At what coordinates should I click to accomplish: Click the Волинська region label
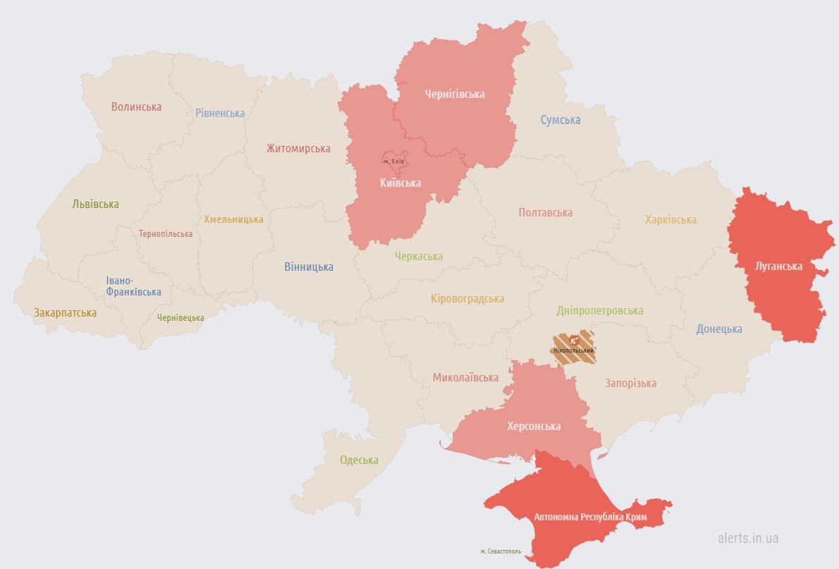(136, 107)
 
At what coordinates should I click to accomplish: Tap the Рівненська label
(220, 113)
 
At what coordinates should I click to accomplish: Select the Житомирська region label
(298, 148)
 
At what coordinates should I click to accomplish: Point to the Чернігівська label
(455, 94)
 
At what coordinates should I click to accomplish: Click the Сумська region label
(561, 120)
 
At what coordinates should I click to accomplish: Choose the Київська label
(400, 183)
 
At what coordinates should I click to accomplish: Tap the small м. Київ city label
(393, 161)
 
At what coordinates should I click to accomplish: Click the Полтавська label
(545, 212)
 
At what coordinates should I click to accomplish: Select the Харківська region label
(670, 219)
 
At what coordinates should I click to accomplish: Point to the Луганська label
(778, 266)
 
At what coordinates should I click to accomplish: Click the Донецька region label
(719, 329)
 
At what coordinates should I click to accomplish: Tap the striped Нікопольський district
(574, 347)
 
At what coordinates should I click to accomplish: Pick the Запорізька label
(630, 383)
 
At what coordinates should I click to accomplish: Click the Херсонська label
(534, 427)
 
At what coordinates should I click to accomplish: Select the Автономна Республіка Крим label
(589, 517)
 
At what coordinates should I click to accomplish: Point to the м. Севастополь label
(501, 551)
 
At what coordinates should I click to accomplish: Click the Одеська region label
(359, 460)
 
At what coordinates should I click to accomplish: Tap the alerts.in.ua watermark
(748, 538)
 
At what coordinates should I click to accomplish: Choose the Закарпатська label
(65, 312)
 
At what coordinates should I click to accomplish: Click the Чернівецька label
(180, 318)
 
